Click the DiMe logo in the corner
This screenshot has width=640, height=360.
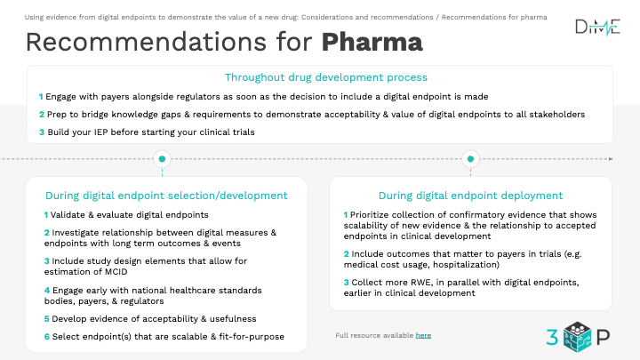597,27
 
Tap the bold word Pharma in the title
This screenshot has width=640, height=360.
372,42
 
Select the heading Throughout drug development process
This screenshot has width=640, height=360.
325,77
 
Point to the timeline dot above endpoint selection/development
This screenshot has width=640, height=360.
162,159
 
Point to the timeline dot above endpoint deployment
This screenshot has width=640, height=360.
470,159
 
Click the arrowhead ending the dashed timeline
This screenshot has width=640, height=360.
611,159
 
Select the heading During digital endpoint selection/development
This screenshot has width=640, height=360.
166,196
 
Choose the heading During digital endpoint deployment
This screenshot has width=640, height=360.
470,196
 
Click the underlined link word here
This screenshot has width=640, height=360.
423,335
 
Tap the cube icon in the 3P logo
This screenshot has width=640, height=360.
577,337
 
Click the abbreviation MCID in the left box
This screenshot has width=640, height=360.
116,272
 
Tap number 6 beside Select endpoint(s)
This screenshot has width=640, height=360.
47,337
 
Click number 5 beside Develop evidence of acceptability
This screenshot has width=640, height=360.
46,319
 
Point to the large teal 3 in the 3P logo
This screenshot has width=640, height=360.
552,338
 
